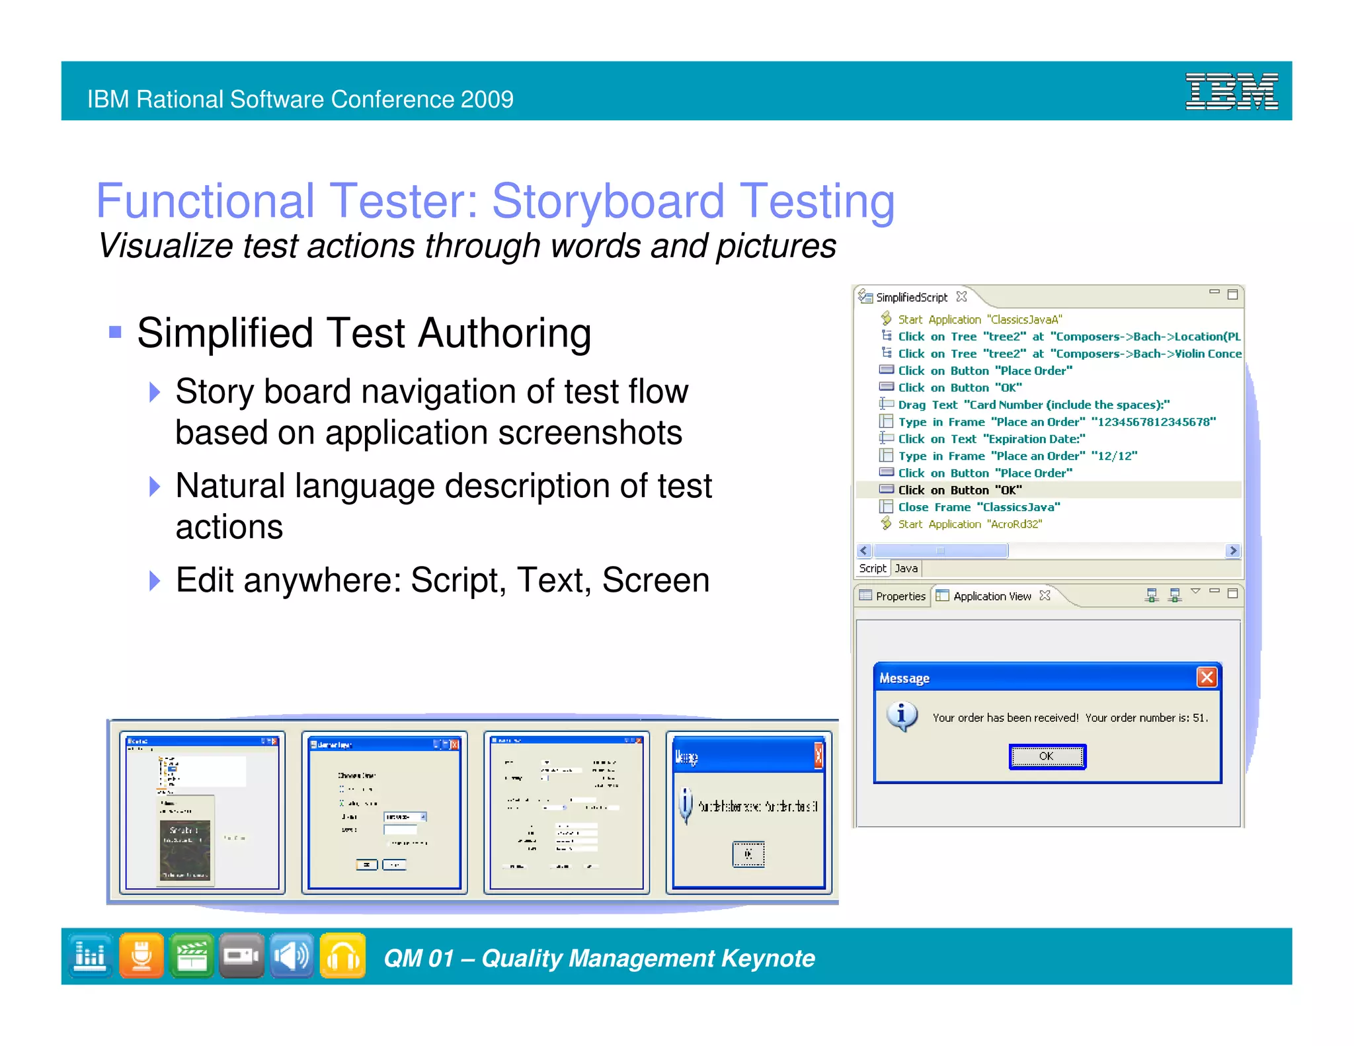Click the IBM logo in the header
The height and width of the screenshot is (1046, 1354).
click(1231, 91)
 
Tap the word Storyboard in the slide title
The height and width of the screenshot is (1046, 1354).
click(608, 201)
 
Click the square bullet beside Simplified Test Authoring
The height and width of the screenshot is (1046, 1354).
click(115, 332)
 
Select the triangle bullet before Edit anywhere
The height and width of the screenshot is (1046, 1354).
click(155, 581)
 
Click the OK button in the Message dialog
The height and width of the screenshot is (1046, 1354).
click(1047, 756)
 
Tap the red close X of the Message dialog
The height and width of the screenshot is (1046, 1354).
click(1207, 677)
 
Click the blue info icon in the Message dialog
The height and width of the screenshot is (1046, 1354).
click(902, 716)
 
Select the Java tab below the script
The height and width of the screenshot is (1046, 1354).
click(906, 569)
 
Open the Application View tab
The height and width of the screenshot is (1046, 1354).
click(991, 596)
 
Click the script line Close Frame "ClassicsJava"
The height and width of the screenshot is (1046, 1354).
click(978, 507)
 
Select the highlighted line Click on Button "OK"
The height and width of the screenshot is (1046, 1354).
click(959, 490)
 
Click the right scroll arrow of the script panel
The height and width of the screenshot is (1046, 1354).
click(1232, 551)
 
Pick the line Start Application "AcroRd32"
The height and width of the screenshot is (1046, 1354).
click(969, 524)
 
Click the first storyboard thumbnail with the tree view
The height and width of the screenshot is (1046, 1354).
click(202, 813)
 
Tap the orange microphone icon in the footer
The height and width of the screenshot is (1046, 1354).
click(141, 956)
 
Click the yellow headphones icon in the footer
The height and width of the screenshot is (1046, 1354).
click(342, 956)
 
